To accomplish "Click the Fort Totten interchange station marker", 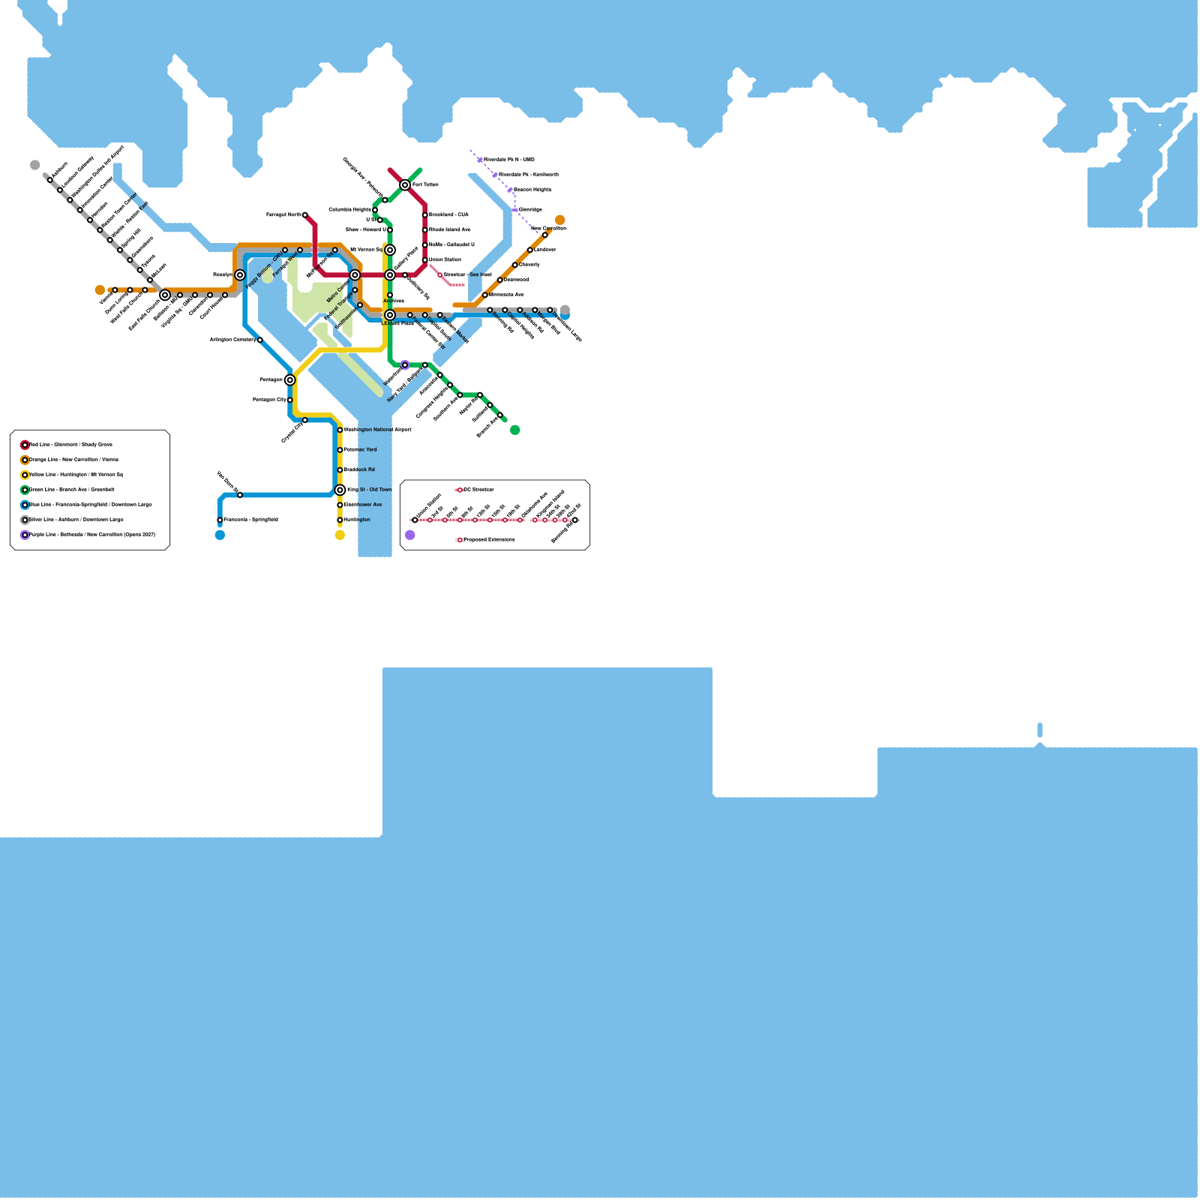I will [x=405, y=184].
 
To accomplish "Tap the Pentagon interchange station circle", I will [x=290, y=380].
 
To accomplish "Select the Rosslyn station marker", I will [x=240, y=275].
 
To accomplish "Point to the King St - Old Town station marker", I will [x=340, y=490].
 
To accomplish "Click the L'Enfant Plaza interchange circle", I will [x=390, y=315].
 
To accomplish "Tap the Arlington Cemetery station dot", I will [x=259, y=340].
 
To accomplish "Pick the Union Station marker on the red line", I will [x=424, y=260].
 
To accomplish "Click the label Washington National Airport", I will [x=377, y=430].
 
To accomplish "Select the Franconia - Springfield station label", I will [x=250, y=520].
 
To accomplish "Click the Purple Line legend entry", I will [x=91, y=535].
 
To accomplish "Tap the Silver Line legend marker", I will [x=25, y=520].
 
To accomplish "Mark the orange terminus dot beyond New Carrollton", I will [x=559, y=220].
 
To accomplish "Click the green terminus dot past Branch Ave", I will [x=514, y=430].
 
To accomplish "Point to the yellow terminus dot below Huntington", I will [x=340, y=535].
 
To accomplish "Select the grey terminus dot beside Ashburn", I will [x=34, y=165].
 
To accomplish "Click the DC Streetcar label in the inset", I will [x=478, y=490].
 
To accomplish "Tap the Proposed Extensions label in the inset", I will [x=489, y=540].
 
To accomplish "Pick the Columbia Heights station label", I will [x=349, y=210].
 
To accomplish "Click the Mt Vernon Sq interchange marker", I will [x=390, y=250].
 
